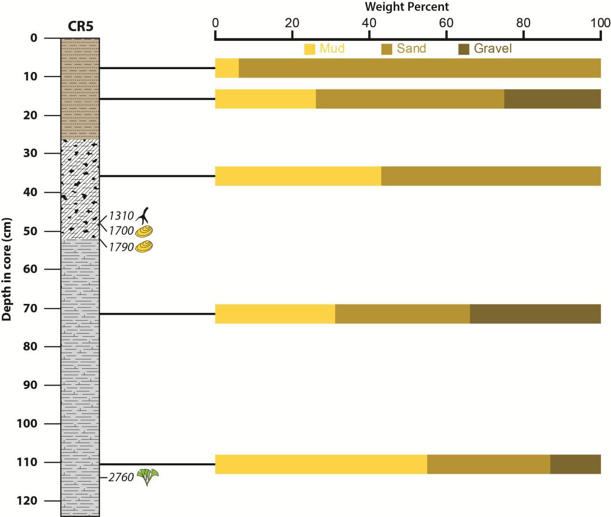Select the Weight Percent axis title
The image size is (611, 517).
[407, 7]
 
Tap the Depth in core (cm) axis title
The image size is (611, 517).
[7, 269]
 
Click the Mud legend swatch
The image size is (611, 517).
[309, 49]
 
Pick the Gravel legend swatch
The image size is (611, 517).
[464, 49]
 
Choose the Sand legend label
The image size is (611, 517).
[411, 48]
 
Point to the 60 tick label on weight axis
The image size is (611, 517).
[446, 23]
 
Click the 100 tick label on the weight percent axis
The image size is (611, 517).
[600, 23]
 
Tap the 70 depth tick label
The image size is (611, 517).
[30, 308]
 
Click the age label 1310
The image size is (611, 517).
[121, 216]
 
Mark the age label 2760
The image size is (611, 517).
[121, 478]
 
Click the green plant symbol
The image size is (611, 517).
[148, 477]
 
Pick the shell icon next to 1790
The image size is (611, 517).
[144, 247]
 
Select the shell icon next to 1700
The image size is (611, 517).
[144, 231]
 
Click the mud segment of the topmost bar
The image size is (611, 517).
[227, 68]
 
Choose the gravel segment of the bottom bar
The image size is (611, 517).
[575, 464]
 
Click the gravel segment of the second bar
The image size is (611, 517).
[552, 99]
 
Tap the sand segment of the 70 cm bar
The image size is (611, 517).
[402, 314]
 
